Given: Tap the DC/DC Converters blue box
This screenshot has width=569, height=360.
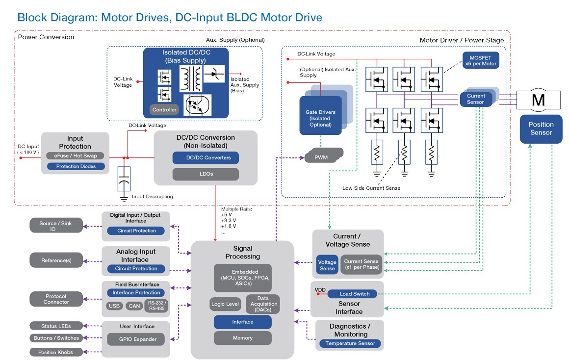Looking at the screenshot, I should (205, 157).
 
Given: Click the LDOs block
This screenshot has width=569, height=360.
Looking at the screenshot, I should (205, 174).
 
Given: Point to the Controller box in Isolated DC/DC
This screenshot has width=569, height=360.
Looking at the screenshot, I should (164, 110).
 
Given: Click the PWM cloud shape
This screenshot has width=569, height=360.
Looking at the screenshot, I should (321, 157).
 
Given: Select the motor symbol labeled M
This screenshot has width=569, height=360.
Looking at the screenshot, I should (538, 100).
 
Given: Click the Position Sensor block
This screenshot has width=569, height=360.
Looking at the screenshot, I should (541, 129).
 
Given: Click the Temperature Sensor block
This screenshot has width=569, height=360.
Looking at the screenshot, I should (350, 343).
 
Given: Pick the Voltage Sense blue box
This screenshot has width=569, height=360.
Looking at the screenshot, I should (327, 265).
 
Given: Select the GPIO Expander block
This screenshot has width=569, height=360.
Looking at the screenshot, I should (138, 339).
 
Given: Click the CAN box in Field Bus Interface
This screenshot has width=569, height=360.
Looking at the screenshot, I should (134, 306).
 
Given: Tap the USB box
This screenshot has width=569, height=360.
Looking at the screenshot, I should (114, 306).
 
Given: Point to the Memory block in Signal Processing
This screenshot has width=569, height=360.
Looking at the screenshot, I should (242, 338).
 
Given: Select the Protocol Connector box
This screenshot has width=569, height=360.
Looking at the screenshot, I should (56, 299).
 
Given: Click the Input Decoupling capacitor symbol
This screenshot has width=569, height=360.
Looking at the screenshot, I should (125, 179).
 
